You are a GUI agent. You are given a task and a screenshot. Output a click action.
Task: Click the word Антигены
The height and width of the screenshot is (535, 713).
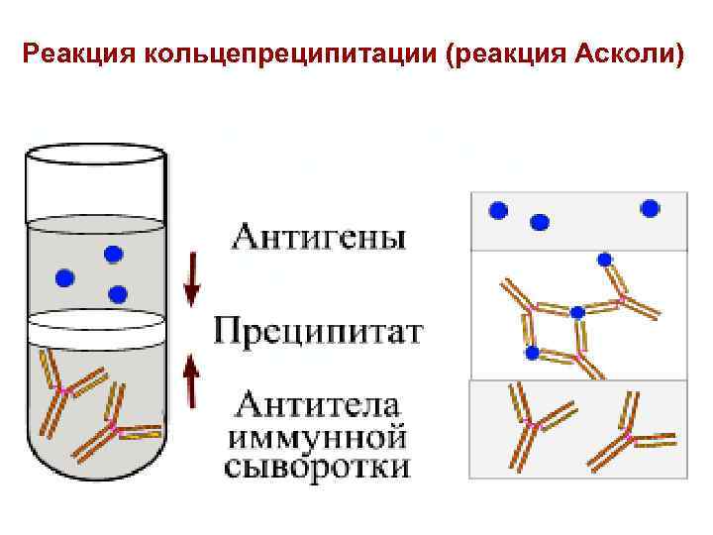[x=318, y=239]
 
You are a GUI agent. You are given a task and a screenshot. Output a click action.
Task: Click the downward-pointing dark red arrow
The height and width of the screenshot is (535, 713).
[x=192, y=279]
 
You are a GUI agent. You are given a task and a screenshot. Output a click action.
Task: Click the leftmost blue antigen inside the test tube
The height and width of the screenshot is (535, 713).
[x=65, y=276]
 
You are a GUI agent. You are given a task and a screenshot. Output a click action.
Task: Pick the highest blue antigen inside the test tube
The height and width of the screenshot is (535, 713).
[x=113, y=255]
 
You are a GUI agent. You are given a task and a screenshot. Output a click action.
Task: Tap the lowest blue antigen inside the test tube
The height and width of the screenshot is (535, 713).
[x=118, y=294]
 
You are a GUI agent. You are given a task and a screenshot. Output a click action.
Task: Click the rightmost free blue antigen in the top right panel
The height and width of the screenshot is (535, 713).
[x=650, y=208]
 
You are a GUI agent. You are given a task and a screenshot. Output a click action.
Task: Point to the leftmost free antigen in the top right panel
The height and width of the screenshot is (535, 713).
[x=498, y=210]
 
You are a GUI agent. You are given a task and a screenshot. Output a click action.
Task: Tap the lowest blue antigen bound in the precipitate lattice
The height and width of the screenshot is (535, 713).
[x=532, y=353]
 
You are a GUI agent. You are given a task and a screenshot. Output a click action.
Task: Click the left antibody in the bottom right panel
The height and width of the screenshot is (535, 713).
[x=535, y=423]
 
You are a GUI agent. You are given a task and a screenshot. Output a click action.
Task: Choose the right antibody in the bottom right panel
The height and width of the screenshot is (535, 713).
[x=628, y=434]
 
